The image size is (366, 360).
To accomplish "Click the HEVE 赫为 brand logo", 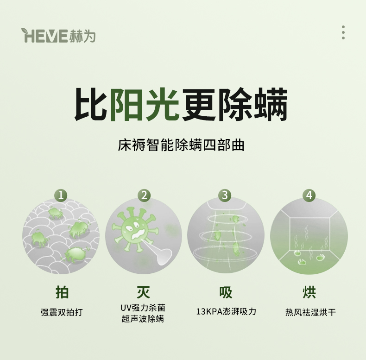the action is (x=58, y=36).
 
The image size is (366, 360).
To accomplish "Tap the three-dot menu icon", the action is (x=343, y=32).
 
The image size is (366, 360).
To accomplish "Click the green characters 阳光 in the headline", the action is (x=145, y=104).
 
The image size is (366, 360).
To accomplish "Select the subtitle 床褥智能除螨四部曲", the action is (x=181, y=145).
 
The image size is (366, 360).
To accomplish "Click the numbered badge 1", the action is (x=61, y=195).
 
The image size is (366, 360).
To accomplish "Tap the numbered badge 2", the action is (x=144, y=195).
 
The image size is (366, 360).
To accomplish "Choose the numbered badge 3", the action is (x=225, y=195).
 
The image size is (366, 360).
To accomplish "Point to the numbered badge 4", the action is (x=309, y=195).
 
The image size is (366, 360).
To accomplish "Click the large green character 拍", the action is (x=62, y=292).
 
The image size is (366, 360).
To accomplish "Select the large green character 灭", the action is (x=143, y=292).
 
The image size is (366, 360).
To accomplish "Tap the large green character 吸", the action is (x=226, y=292).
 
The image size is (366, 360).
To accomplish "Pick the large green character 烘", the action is (x=309, y=292).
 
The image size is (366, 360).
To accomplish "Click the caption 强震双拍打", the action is (x=62, y=312).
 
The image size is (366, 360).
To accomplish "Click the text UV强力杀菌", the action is (x=143, y=308).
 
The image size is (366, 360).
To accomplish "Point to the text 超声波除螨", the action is (x=143, y=319).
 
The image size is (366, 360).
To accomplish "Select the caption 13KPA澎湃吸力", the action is (x=226, y=311).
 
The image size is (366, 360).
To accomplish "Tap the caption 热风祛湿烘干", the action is (x=310, y=312).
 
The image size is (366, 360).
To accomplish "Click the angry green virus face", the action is (x=135, y=230).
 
